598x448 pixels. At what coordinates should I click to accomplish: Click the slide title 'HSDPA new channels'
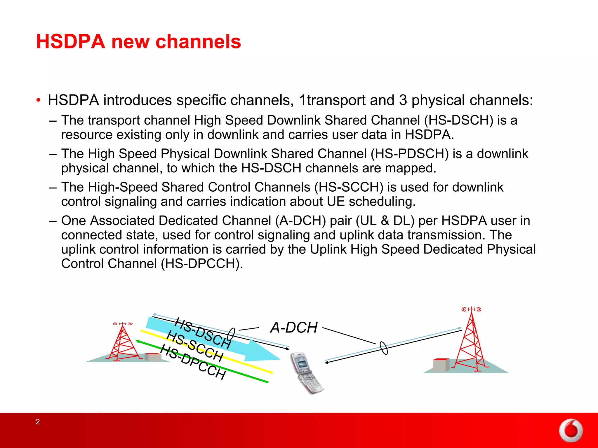(x=138, y=41)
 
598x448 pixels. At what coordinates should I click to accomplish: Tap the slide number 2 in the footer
(x=38, y=422)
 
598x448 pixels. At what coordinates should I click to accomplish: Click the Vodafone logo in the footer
(x=571, y=431)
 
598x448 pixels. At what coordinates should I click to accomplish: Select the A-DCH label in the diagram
(x=294, y=328)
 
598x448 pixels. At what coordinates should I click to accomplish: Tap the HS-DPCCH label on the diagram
(x=193, y=362)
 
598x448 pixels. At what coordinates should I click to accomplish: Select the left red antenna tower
(x=123, y=343)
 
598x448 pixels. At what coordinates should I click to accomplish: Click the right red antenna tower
(x=471, y=341)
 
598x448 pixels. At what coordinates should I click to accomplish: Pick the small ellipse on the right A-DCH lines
(x=384, y=348)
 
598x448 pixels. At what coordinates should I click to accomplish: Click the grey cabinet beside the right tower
(x=441, y=365)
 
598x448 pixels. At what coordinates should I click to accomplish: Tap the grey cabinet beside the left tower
(x=153, y=357)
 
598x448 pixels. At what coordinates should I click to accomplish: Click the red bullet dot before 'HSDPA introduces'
(x=39, y=101)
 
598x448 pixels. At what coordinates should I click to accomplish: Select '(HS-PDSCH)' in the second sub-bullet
(x=409, y=154)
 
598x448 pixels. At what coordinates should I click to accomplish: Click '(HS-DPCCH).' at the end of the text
(x=202, y=264)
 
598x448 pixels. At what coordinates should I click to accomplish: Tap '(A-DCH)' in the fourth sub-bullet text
(x=300, y=221)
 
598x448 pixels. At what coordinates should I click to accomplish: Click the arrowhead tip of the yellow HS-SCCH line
(x=273, y=373)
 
